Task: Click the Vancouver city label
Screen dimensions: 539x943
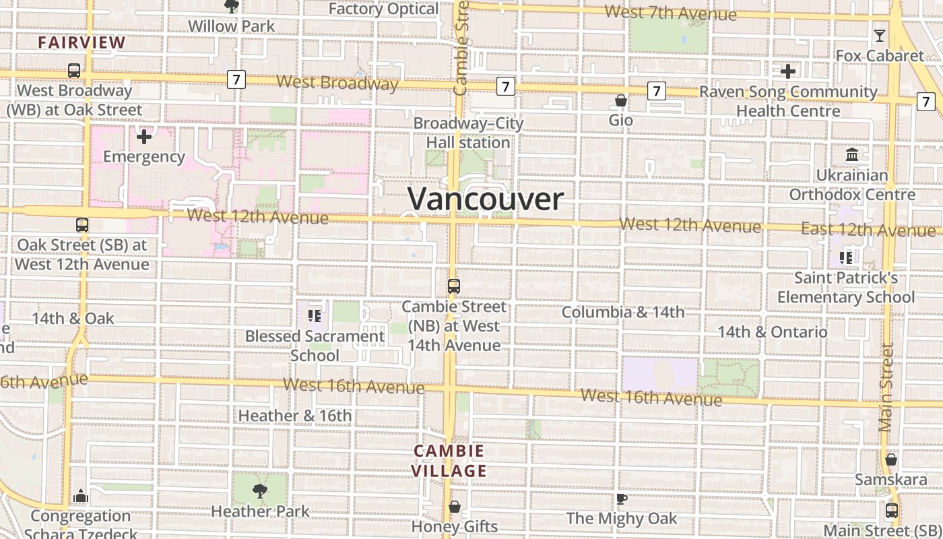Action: (486, 199)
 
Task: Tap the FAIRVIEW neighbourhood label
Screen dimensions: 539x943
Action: (82, 42)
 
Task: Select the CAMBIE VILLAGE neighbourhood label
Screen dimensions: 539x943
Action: (449, 461)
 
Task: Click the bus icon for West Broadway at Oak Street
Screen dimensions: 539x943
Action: (74, 70)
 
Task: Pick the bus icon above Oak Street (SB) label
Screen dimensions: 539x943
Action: (82, 225)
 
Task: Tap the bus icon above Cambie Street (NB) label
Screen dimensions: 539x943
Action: (454, 286)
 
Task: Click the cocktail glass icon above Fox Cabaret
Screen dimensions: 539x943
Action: (879, 36)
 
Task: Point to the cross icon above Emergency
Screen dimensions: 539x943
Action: (143, 137)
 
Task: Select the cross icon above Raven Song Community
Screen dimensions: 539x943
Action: (788, 71)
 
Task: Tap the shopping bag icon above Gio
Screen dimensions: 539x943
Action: (621, 100)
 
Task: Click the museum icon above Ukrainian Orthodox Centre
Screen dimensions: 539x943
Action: (852, 156)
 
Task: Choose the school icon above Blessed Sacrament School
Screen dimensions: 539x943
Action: (314, 315)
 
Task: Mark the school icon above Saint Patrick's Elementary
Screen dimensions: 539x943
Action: (846, 257)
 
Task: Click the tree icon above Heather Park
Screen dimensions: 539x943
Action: (260, 490)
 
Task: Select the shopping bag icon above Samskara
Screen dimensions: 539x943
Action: (891, 459)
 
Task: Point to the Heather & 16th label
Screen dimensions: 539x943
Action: (295, 416)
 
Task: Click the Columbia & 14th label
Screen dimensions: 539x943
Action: (623, 312)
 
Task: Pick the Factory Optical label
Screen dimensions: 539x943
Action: (384, 9)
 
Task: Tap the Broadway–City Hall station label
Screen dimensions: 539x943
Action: (468, 133)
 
